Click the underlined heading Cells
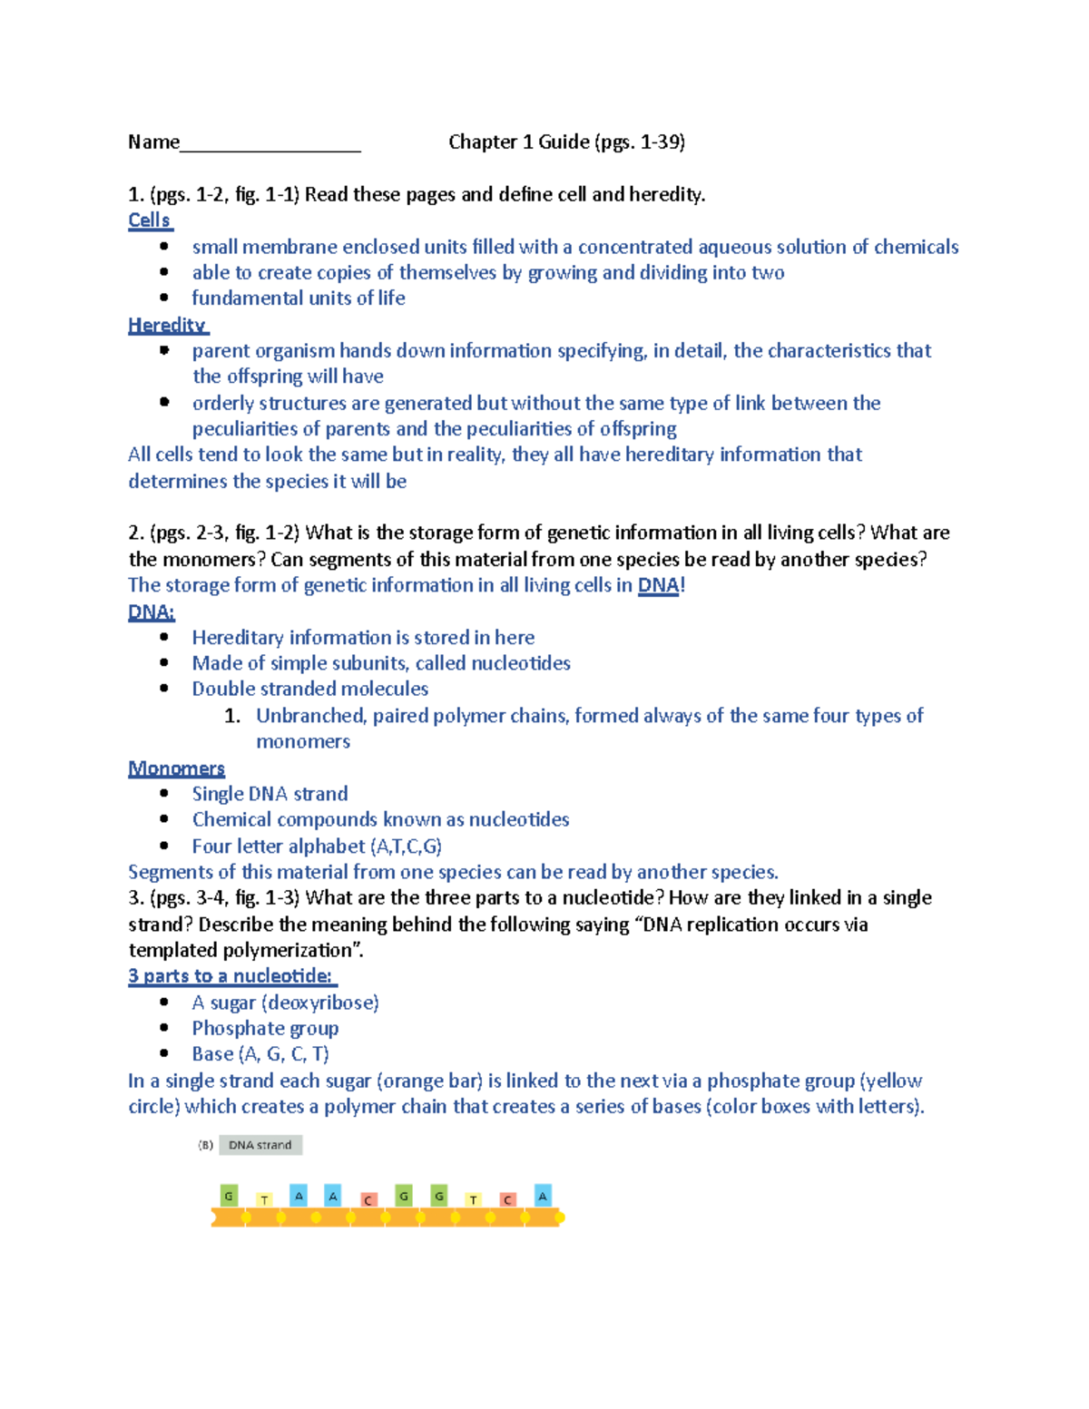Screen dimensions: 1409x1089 pos(149,220)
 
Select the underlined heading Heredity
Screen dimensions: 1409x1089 pos(167,325)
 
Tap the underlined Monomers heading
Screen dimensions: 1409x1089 pos(176,768)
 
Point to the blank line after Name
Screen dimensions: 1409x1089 pos(270,143)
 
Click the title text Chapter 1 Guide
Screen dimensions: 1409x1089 pos(518,142)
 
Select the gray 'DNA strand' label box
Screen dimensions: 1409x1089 pos(260,1145)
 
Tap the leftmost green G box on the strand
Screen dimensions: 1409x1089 pos(229,1196)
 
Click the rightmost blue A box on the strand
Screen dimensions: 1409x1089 pos(543,1196)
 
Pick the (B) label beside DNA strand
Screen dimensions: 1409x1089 pos(206,1145)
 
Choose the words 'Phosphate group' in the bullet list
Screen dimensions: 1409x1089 pos(265,1028)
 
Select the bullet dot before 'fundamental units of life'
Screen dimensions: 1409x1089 pos(164,298)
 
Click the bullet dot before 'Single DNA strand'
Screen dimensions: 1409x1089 pos(164,793)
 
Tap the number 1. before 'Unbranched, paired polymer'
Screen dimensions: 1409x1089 pos(232,716)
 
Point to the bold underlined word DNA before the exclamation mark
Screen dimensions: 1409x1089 pos(658,585)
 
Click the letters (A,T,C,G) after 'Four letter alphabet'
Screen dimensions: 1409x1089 pos(406,846)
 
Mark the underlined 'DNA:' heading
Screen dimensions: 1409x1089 pos(152,612)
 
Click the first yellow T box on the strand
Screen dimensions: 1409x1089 pos(264,1199)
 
